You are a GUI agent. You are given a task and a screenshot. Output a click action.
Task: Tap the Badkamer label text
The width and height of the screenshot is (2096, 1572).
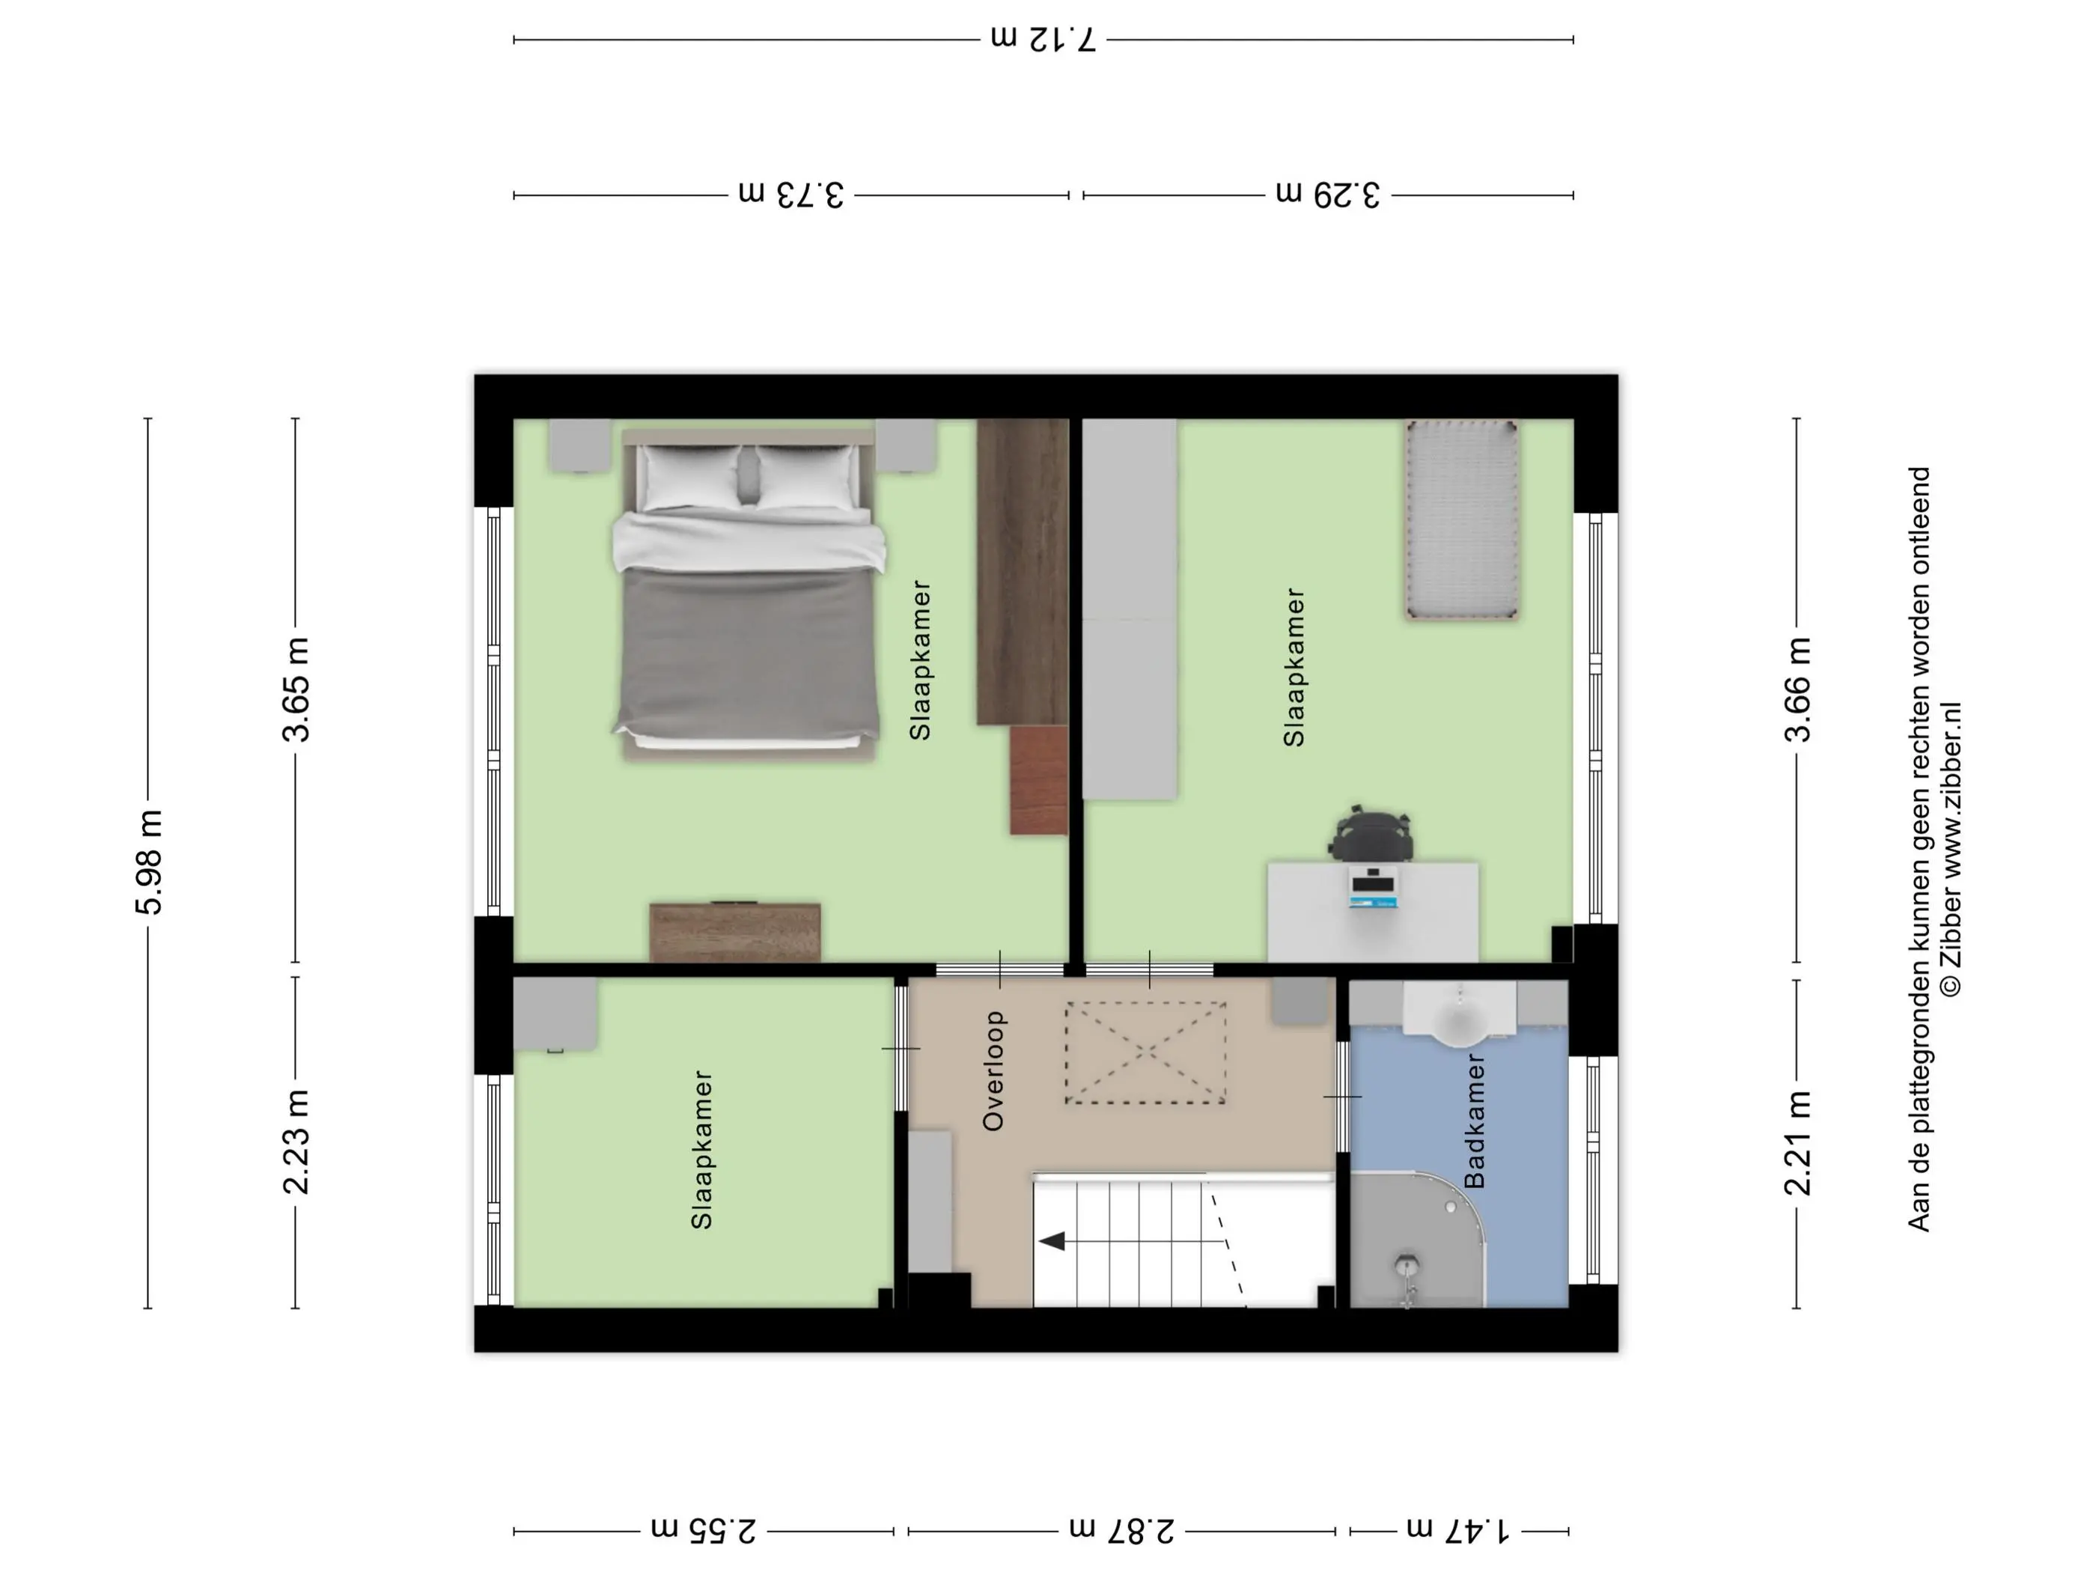(1475, 1121)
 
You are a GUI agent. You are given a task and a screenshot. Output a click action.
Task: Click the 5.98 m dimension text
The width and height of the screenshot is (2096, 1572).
(149, 862)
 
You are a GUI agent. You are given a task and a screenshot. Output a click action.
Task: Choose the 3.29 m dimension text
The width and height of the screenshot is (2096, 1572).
(1327, 194)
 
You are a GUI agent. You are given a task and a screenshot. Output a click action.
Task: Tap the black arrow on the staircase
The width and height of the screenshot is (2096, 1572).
(1052, 1240)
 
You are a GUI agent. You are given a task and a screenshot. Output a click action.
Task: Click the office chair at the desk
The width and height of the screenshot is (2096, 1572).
(1371, 833)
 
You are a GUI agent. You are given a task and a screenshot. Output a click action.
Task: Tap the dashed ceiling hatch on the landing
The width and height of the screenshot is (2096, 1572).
(1145, 1052)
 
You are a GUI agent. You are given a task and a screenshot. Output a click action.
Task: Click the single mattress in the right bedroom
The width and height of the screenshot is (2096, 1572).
(1462, 520)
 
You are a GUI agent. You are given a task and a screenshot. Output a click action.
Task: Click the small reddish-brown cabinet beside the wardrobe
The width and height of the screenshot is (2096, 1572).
(1038, 780)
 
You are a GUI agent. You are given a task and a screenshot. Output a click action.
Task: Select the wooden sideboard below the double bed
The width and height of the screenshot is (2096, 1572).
(735, 933)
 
